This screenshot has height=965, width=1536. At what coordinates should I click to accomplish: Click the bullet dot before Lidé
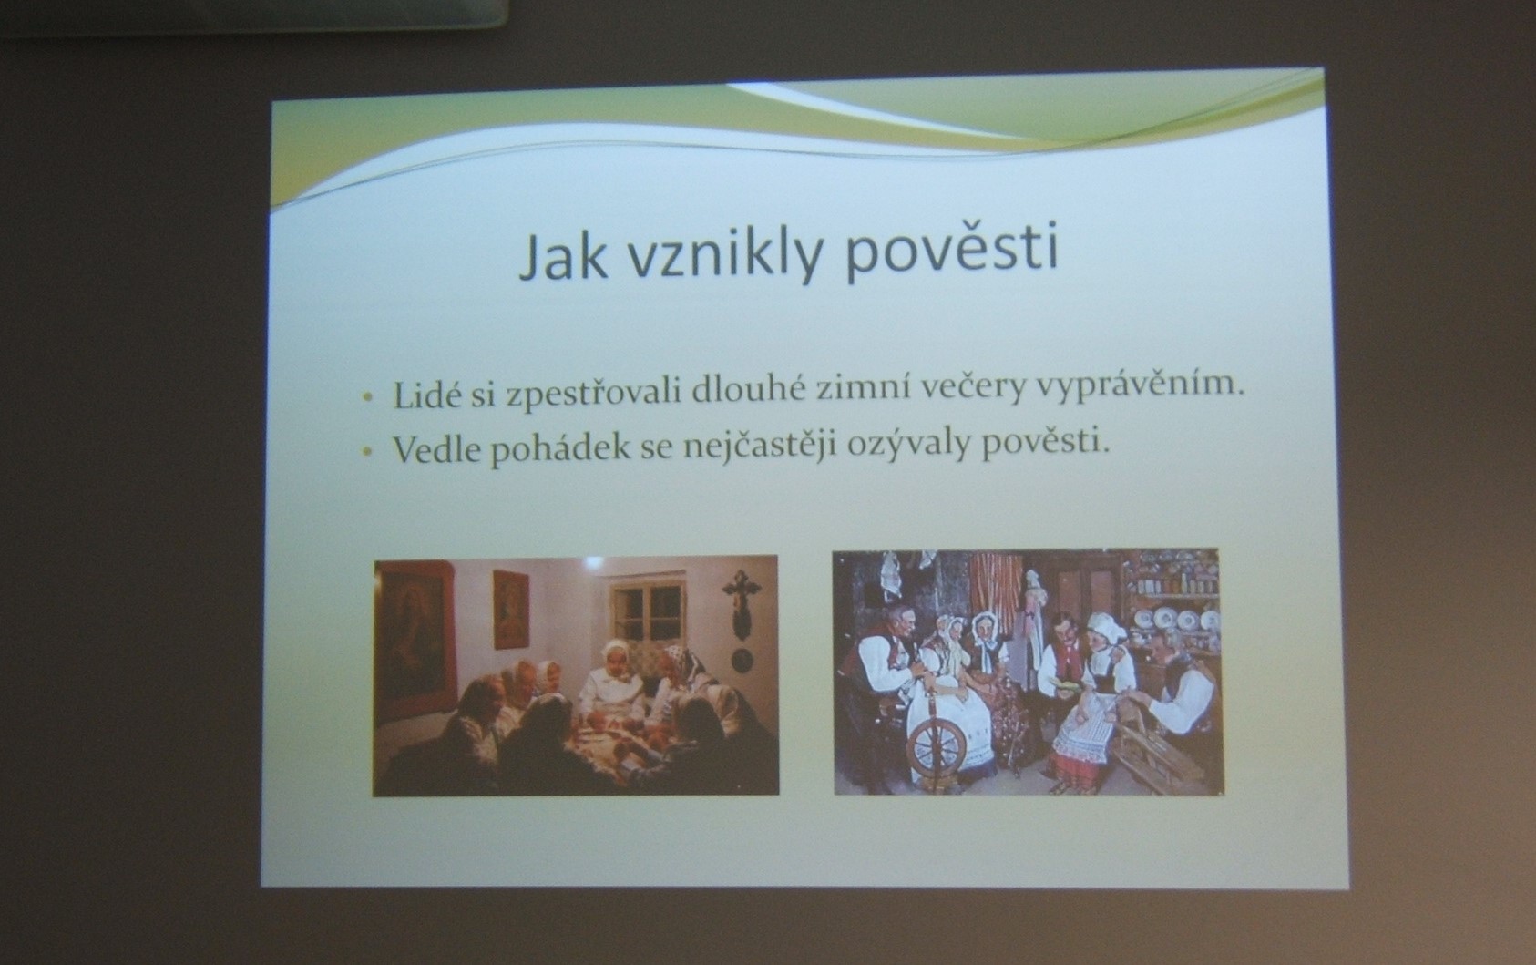point(369,398)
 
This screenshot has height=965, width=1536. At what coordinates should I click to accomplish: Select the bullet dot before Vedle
point(369,452)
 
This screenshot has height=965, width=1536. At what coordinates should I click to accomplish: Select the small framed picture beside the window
point(511,609)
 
